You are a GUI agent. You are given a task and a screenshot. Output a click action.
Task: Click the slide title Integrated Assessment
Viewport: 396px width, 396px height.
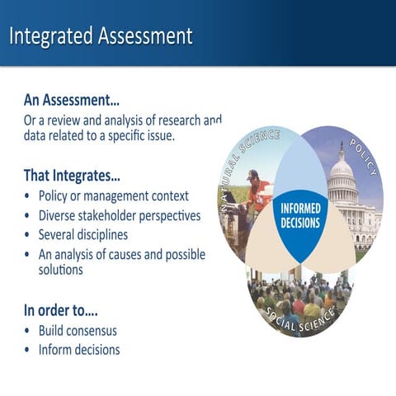101,36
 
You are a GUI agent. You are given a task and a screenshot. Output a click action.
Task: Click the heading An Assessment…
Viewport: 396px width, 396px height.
71,101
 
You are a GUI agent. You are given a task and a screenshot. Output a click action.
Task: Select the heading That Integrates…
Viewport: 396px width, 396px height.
72,176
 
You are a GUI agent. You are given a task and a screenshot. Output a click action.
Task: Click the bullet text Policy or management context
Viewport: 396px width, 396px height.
114,196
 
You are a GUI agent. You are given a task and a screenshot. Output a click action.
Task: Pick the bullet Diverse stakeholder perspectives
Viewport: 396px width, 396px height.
120,216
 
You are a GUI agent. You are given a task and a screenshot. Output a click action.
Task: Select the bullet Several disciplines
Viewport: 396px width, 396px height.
89,235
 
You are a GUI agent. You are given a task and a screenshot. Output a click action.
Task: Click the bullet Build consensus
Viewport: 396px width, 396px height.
78,331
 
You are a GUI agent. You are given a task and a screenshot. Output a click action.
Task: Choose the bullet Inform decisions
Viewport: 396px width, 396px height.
79,350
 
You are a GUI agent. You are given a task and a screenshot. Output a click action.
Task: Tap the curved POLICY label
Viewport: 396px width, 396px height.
363,157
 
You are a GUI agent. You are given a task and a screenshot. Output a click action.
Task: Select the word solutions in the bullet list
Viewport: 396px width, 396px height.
61,270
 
